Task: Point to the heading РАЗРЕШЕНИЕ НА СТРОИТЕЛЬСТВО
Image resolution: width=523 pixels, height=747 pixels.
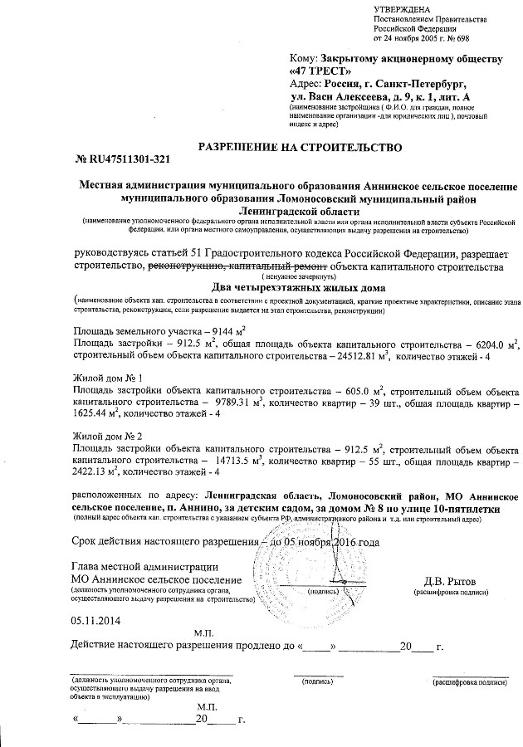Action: click(298, 147)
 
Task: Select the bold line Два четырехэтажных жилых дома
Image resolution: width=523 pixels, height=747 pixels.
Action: click(298, 286)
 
